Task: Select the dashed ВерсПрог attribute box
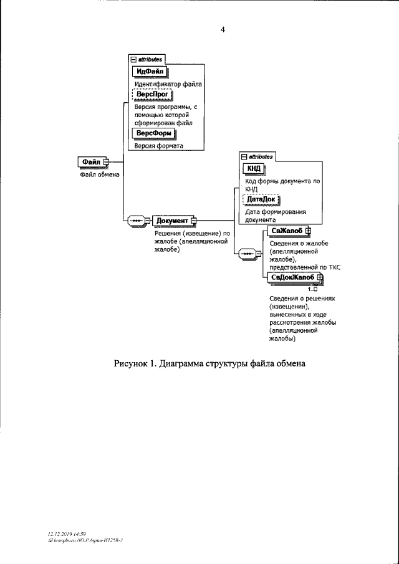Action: click(152, 95)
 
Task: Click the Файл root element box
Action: click(90, 162)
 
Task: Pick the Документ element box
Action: click(172, 221)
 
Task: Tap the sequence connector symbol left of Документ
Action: click(136, 221)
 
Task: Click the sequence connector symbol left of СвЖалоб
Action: click(247, 254)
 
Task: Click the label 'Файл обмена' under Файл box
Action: click(99, 174)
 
